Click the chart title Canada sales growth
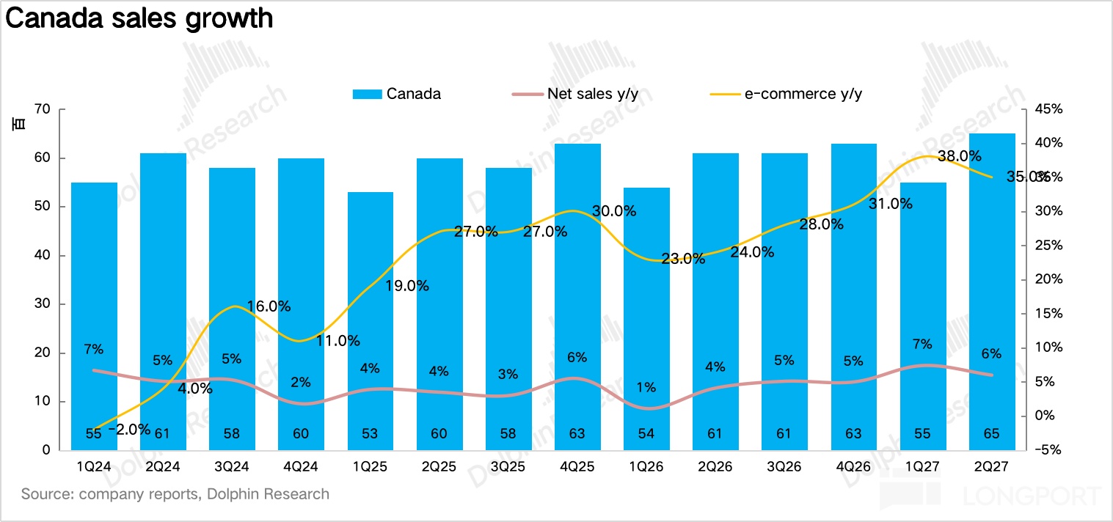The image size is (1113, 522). click(x=139, y=18)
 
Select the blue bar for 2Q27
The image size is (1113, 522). click(x=992, y=292)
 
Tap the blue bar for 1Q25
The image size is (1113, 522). click(x=371, y=321)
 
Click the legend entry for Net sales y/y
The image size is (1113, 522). click(x=575, y=94)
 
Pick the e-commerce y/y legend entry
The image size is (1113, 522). click(x=786, y=94)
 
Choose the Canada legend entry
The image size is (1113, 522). click(x=396, y=94)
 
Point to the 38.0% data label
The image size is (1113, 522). click(x=960, y=156)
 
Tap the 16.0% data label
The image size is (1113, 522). click(x=269, y=306)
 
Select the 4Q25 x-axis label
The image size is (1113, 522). click(x=577, y=466)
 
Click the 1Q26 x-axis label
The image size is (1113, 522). click(x=646, y=466)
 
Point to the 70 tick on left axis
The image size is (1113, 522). click(x=43, y=109)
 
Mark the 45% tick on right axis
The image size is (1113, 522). click(x=1048, y=109)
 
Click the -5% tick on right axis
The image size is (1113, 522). click(x=1048, y=449)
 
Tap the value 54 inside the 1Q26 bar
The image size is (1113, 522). click(x=646, y=433)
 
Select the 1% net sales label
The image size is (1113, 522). click(x=646, y=387)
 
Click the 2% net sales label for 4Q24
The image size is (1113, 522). click(x=301, y=382)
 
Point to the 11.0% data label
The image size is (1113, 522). click(x=338, y=341)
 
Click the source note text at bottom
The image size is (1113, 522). click(x=175, y=493)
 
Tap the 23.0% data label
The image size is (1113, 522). click(x=683, y=258)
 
